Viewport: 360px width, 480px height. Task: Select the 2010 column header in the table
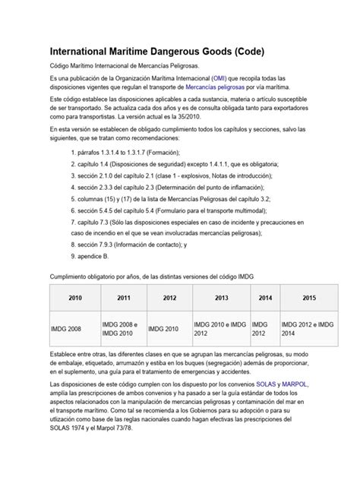point(74,298)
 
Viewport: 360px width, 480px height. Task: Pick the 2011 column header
point(122,298)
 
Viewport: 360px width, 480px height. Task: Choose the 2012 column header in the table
point(169,298)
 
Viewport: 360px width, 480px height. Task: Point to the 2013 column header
point(221,298)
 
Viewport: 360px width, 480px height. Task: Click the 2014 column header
point(264,298)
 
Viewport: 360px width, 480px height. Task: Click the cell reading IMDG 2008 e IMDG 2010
point(122,329)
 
